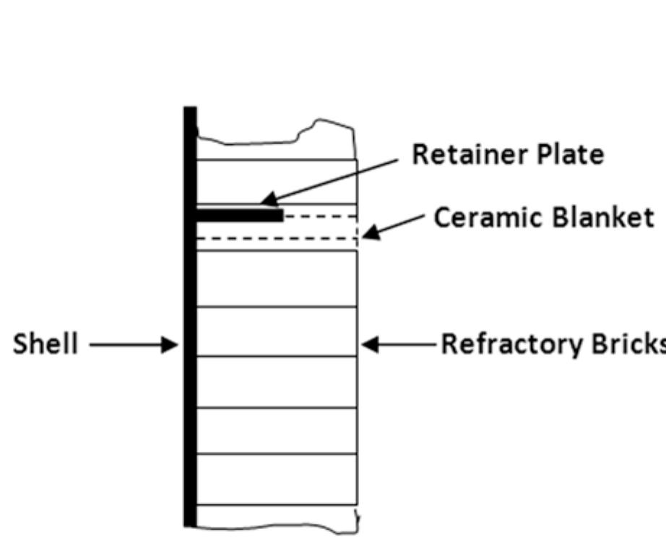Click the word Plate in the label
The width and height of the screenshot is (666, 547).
pos(570,154)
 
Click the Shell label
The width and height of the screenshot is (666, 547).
pos(45,344)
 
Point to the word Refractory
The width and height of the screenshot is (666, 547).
pos(499,344)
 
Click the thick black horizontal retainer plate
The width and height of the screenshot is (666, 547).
pos(239,214)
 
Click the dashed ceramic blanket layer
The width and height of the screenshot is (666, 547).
pos(318,227)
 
